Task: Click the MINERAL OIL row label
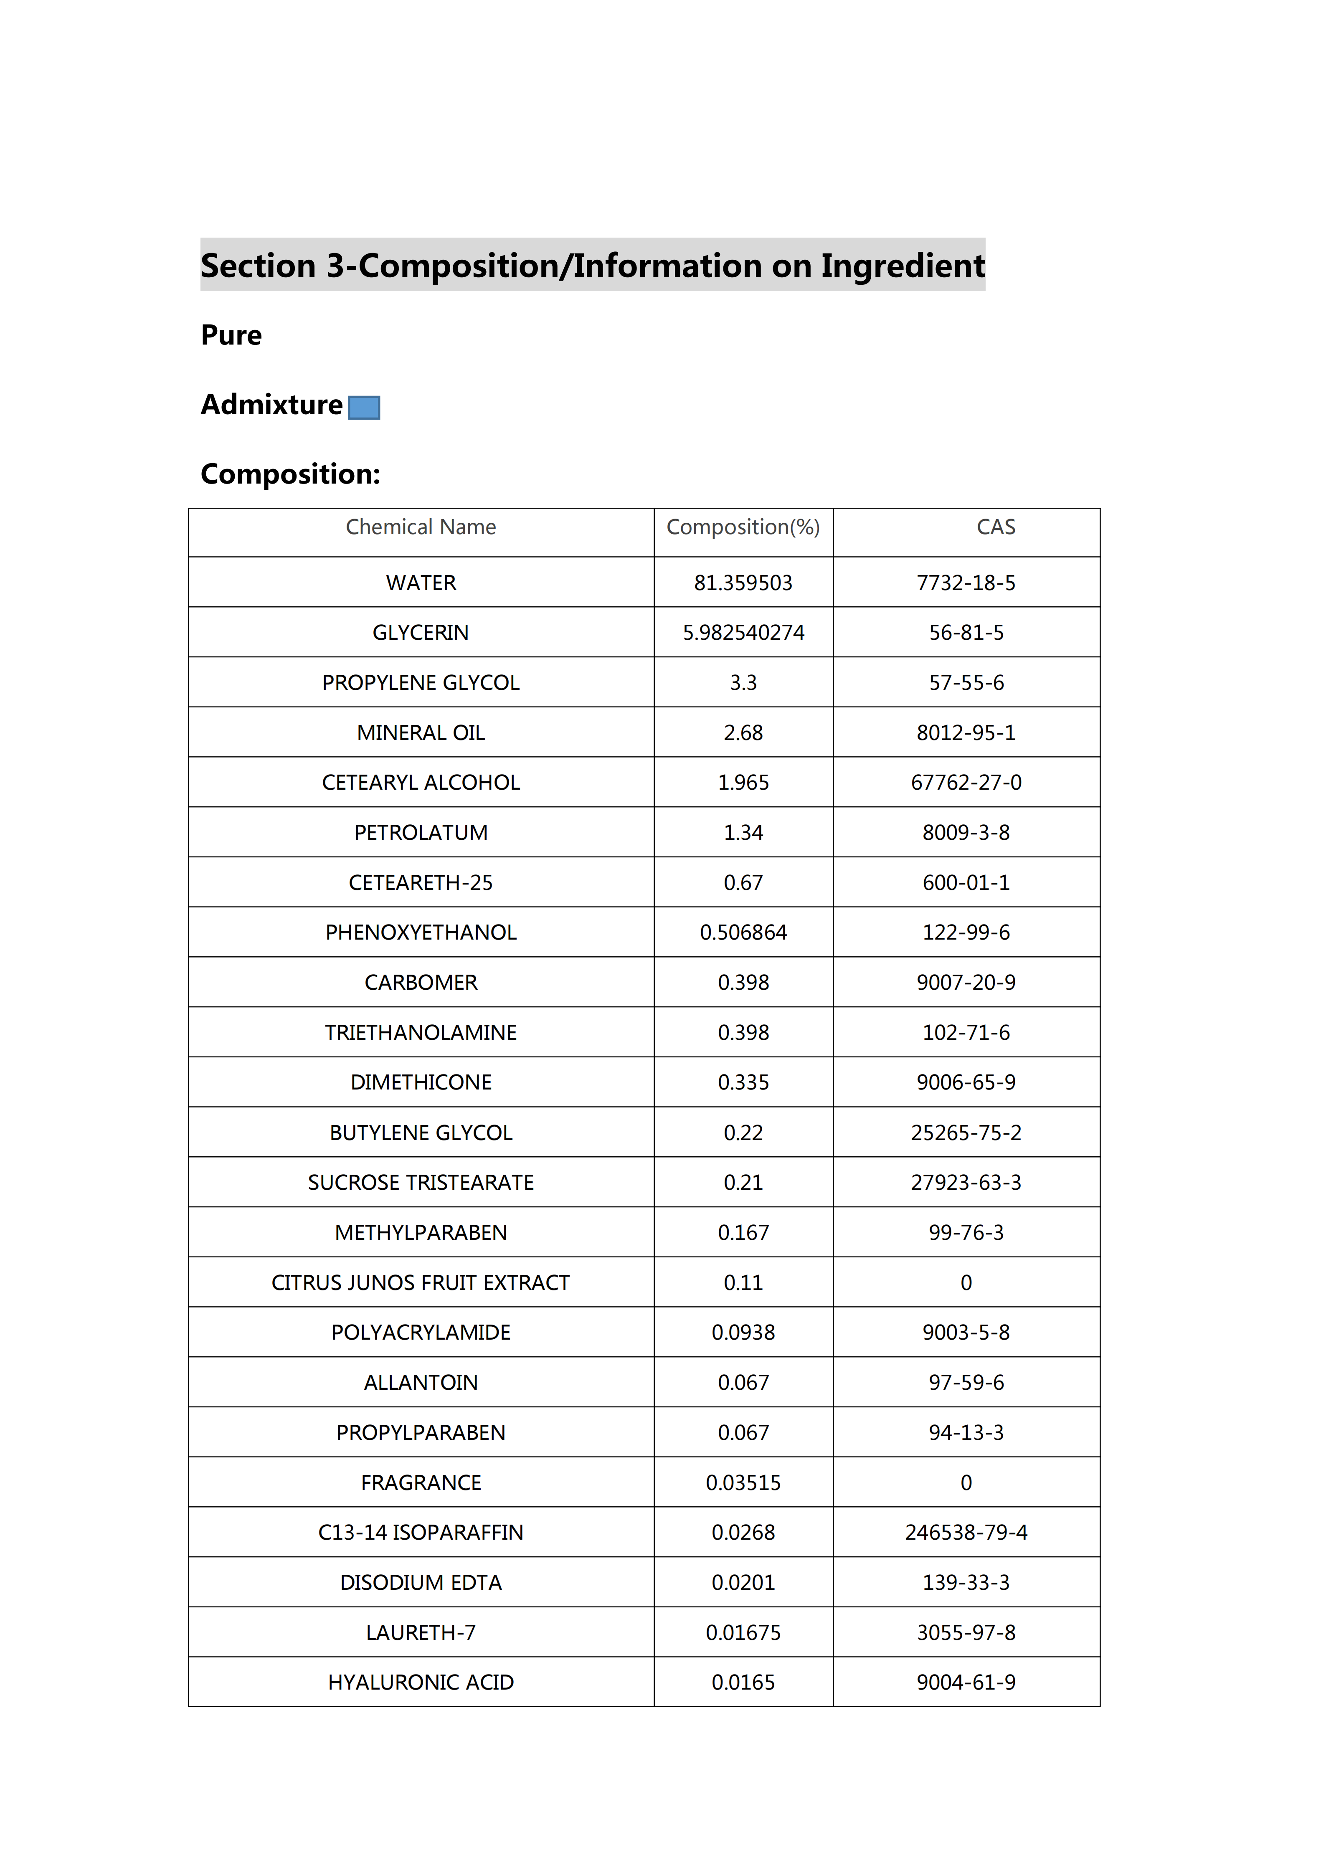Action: point(421,732)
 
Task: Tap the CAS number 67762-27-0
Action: point(966,782)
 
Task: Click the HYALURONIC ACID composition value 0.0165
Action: point(743,1682)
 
